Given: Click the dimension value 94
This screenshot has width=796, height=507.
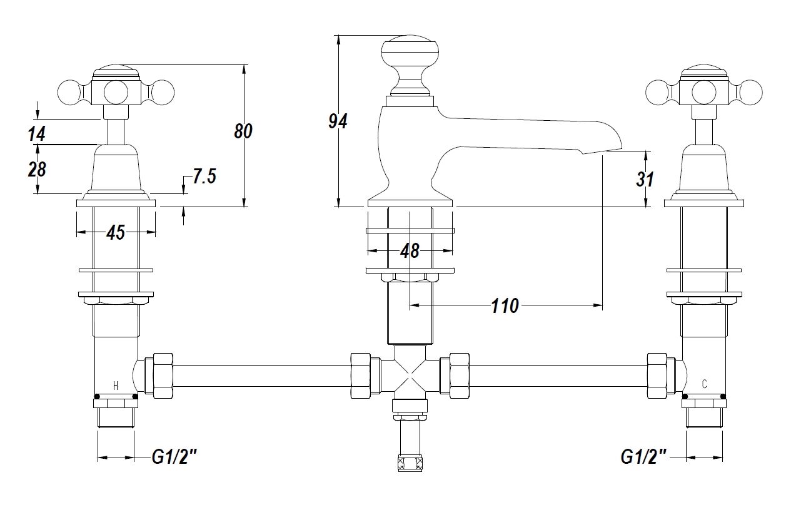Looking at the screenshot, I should pos(338,121).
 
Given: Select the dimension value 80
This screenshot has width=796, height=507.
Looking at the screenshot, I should pos(243,131).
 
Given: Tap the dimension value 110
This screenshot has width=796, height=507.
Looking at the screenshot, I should pos(505,306).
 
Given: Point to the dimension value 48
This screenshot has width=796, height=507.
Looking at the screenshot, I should pos(410,251).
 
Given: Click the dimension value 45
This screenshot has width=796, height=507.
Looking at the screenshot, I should pos(116,233).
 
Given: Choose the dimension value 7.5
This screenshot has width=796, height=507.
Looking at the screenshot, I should pos(204,177).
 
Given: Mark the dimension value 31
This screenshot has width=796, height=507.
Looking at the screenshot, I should pos(645,179).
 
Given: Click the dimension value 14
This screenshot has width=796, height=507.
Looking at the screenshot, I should pos(37,133).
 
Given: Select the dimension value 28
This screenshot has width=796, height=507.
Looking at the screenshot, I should pos(37,169).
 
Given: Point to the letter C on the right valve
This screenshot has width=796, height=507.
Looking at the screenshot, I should pos(704,384).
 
